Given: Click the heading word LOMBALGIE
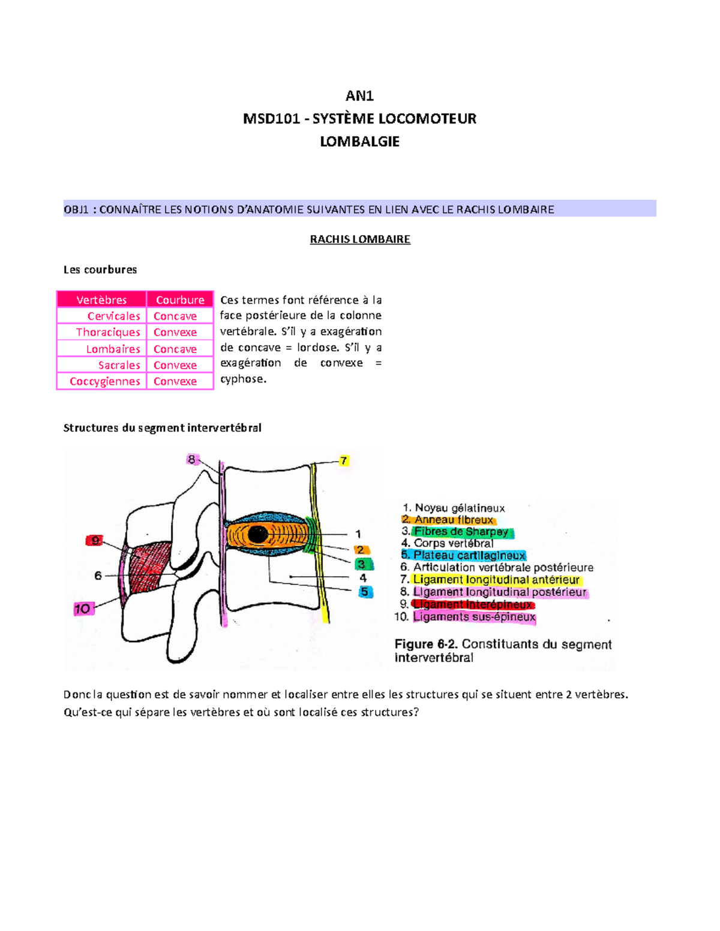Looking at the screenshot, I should tap(359, 141).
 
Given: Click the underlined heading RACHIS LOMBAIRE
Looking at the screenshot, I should tap(359, 239).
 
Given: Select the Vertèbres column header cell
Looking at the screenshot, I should tap(101, 300).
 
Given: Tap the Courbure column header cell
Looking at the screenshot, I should tap(180, 300).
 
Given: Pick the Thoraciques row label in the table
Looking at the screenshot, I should tap(108, 332).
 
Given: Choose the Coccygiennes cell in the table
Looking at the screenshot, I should tap(105, 381).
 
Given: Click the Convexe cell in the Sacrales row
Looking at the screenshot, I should tap(175, 365).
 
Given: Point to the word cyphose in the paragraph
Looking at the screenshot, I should tap(242, 379).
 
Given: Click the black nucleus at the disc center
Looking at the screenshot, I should tap(258, 534).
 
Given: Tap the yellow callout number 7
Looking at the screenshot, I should tap(344, 460).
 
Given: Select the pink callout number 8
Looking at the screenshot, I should tap(191, 459).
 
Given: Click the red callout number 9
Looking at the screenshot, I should tap(95, 541).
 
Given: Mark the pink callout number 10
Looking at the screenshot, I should tap(82, 609).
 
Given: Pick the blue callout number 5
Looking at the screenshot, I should tap(364, 592).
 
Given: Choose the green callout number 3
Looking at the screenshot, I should tap(361, 564).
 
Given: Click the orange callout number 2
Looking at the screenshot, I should tap(360, 550).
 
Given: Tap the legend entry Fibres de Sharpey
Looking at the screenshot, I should tap(461, 531).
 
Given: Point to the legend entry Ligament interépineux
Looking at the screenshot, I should tap(473, 604).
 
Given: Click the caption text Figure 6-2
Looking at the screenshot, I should tap(426, 644).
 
